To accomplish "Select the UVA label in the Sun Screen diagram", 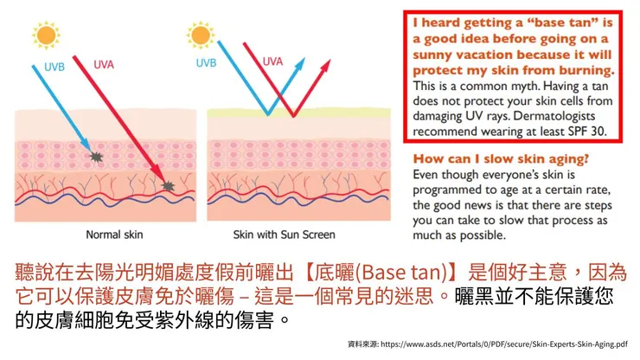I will click(x=272, y=61).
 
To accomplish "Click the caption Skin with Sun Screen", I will click(x=284, y=234).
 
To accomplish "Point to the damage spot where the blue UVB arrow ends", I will click(x=96, y=157).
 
